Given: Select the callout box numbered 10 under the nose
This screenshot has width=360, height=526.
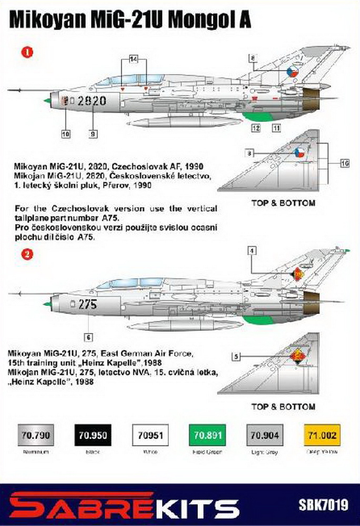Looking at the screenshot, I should tap(65, 134).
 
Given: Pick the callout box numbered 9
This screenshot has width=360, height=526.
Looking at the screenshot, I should tap(93, 134).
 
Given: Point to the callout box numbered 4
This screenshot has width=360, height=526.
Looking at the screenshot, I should tap(253, 251).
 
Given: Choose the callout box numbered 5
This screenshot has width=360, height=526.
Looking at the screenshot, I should tap(236, 357).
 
